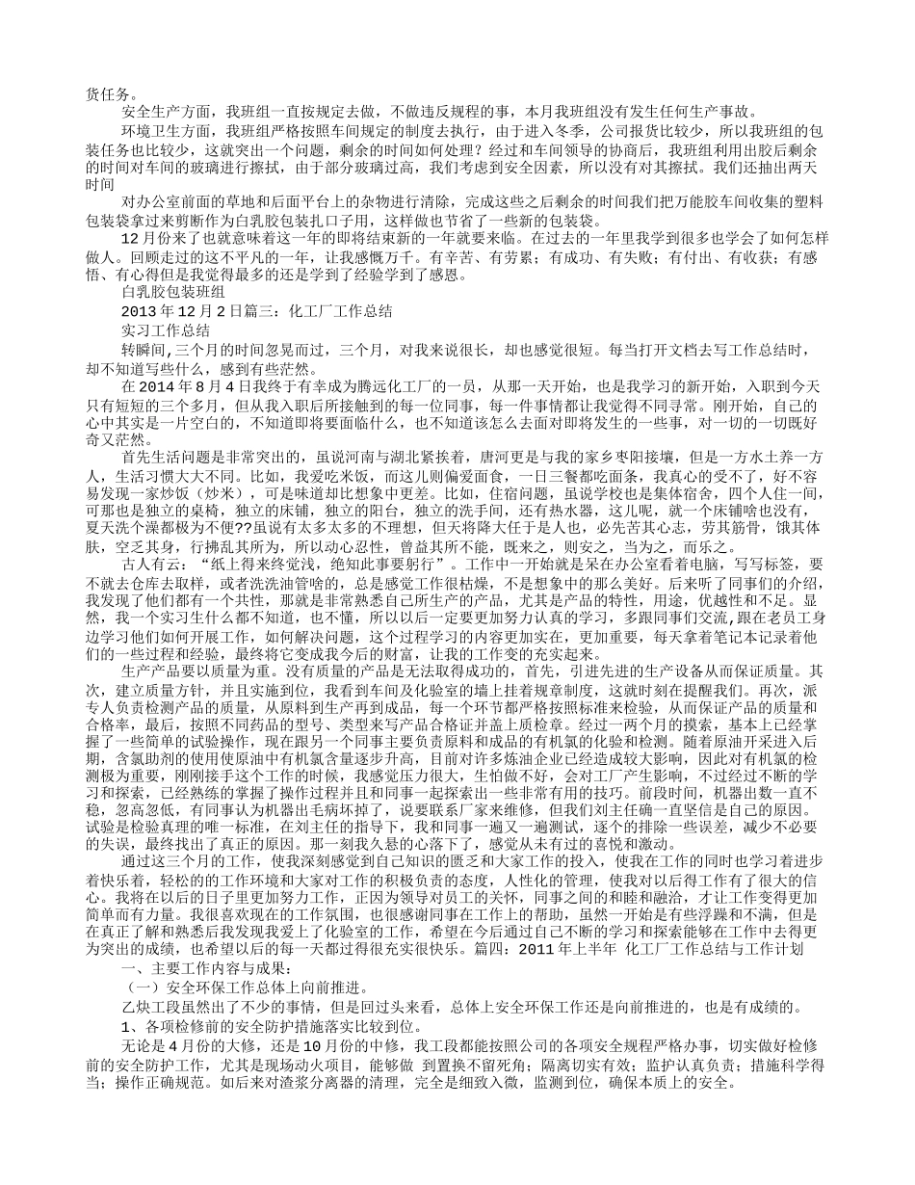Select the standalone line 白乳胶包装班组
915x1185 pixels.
(x=174, y=294)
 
